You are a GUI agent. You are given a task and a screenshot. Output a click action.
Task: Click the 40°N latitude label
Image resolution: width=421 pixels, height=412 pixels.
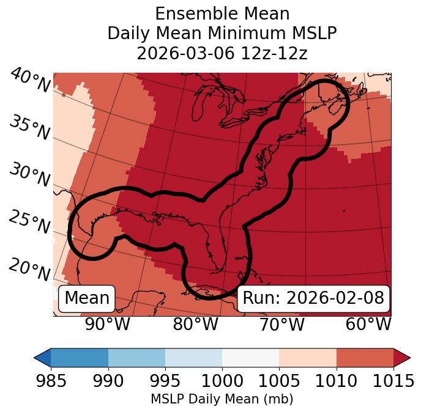point(29,81)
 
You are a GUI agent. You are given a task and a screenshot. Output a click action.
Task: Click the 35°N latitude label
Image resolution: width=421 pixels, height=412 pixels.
point(29,127)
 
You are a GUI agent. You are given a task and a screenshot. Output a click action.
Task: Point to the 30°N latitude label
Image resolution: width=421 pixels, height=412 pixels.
point(29,175)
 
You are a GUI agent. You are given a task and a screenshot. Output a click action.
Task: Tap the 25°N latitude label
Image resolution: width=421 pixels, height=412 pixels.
point(29,223)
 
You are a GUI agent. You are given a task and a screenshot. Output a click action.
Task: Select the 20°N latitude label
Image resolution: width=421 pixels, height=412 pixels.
point(29,270)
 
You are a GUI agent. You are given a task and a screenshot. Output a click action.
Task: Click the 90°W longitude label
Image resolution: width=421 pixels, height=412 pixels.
point(108,325)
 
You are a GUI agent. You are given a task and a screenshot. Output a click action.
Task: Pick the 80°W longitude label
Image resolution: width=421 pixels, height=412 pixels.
point(195,325)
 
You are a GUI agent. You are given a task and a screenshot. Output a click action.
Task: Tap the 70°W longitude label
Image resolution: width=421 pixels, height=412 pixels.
point(282,325)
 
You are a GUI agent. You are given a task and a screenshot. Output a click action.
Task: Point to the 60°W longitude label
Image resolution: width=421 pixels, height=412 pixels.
point(368,325)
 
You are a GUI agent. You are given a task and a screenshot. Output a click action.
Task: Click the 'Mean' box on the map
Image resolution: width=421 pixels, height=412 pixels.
point(87,298)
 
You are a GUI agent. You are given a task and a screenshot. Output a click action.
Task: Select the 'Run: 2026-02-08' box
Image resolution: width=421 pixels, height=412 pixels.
point(313,298)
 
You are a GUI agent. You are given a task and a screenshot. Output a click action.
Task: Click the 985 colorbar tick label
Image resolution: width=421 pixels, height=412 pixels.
point(51,381)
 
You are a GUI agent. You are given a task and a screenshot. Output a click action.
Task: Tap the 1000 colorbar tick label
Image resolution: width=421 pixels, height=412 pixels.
point(222,381)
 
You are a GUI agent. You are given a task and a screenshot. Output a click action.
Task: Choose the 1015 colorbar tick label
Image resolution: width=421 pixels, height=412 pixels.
point(393,381)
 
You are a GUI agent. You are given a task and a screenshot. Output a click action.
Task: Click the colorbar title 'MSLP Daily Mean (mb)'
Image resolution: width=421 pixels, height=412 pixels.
point(222,399)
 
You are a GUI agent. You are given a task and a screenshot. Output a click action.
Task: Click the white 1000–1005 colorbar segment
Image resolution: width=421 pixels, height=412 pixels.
point(250,357)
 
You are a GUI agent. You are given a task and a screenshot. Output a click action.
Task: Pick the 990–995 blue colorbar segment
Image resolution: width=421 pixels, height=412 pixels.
point(136,357)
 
